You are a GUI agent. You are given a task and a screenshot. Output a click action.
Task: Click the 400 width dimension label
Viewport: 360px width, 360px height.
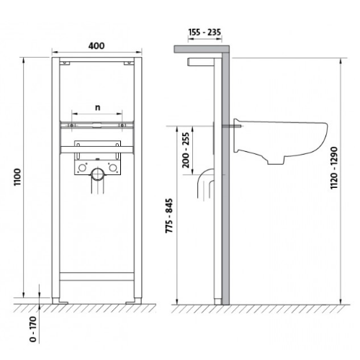point(96,46)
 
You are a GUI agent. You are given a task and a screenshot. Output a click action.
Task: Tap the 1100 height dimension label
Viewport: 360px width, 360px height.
point(17,177)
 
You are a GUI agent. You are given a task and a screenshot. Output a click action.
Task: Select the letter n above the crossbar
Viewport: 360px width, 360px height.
point(97,108)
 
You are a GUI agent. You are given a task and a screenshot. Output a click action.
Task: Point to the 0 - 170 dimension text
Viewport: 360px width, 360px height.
point(33,329)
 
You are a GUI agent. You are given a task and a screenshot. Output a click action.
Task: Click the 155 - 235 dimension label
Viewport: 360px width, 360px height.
point(204,32)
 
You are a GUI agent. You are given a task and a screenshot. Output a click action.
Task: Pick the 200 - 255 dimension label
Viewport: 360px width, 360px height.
point(186,150)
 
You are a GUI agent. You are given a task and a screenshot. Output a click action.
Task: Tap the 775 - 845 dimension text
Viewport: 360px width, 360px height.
point(169,215)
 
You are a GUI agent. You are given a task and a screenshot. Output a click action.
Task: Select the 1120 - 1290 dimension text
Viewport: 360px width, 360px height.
point(334,168)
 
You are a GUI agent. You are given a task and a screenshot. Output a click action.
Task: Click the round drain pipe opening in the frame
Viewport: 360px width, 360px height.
point(98,175)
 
